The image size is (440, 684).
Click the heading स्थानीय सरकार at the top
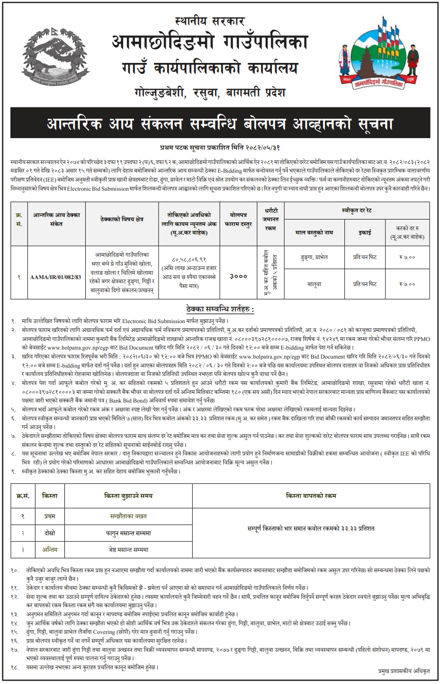coord(210,21)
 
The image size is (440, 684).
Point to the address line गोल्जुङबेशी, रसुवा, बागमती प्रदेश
coord(210,92)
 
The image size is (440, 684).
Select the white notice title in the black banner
coord(220,124)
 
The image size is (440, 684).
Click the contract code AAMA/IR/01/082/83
coord(55,277)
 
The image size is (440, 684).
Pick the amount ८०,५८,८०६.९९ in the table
coord(189,259)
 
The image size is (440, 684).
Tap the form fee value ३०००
coord(238,276)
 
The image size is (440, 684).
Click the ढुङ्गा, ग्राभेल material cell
coord(314,257)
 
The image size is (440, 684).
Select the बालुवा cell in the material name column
coord(314,284)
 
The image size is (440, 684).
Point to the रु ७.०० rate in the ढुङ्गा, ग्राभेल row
coord(407,257)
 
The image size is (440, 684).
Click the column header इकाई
coord(365,232)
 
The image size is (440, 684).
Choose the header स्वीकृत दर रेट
coord(357,210)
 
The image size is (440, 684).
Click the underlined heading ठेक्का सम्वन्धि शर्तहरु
coord(220,309)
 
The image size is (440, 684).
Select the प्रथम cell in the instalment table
coord(50,516)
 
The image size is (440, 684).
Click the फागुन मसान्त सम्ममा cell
coord(128,533)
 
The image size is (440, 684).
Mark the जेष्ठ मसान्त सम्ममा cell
coord(128,550)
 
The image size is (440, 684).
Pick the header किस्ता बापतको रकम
coord(311,496)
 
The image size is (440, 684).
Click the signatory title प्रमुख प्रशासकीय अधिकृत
coord(404,671)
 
